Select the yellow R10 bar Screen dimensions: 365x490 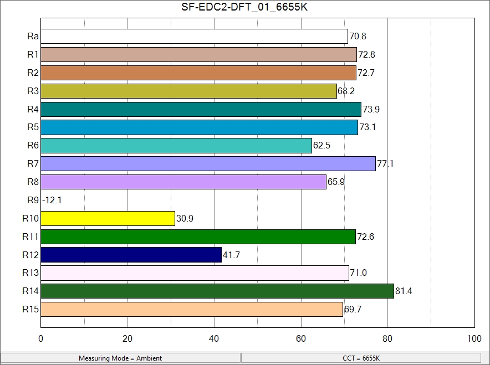pyautogui.click(x=108, y=218)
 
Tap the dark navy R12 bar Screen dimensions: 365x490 pyautogui.click(x=131, y=255)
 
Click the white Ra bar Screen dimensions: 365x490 pyautogui.click(x=194, y=37)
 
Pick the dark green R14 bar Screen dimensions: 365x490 pyautogui.click(x=217, y=291)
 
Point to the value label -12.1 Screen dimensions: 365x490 pyautogui.click(x=52, y=201)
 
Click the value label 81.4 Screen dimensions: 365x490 pyautogui.click(x=404, y=291)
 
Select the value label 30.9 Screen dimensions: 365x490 pyautogui.click(x=185, y=219)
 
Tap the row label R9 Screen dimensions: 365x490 pyautogui.click(x=33, y=201)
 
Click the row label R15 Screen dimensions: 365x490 pyautogui.click(x=30, y=309)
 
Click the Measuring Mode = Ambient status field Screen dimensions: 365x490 pyautogui.click(x=120, y=358)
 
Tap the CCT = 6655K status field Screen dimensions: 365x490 pyautogui.click(x=361, y=358)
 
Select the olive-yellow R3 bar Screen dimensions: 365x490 pyautogui.click(x=189, y=91)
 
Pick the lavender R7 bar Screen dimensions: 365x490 pyautogui.click(x=208, y=163)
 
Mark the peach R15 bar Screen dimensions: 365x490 pyautogui.click(x=192, y=309)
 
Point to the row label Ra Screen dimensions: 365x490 pyautogui.click(x=33, y=37)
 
